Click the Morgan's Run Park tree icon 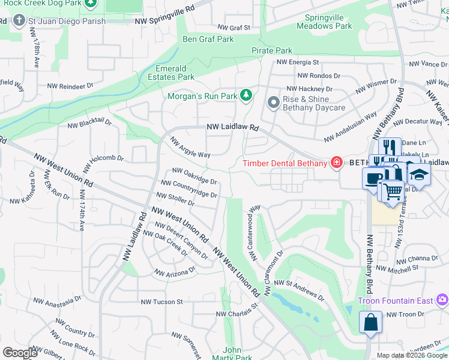tap(245, 95)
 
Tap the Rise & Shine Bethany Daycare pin tap(273, 103)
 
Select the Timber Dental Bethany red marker tap(336, 163)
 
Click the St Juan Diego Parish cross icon tap(19, 21)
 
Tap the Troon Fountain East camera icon tap(442, 299)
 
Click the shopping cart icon tap(393, 191)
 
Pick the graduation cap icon tap(419, 174)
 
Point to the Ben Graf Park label tap(208, 39)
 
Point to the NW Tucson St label tap(161, 302)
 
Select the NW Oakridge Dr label tap(194, 176)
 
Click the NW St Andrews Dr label tap(299, 290)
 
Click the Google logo tap(21, 353)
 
